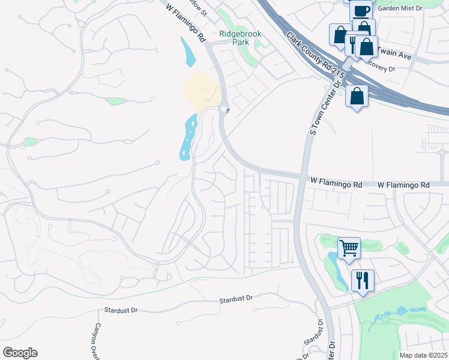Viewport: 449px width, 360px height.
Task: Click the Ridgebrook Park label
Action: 240,38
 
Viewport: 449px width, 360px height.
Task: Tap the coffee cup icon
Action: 361,11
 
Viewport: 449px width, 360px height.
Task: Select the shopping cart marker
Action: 349,247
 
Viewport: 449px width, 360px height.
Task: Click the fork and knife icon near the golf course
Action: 363,280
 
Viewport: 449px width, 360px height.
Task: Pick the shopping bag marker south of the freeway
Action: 357,96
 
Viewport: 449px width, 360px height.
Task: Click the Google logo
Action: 20,353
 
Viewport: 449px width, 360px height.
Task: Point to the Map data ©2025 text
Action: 423,355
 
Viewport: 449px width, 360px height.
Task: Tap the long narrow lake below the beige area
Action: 188,137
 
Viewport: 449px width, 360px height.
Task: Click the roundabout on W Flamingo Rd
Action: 225,109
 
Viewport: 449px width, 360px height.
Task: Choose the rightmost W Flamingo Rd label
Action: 403,185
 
